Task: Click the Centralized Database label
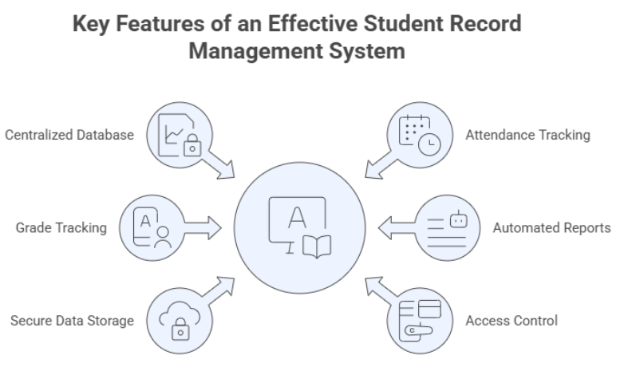69,135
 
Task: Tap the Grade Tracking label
61,227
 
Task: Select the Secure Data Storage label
72,321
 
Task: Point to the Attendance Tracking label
527,135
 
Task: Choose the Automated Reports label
551,227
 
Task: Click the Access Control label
511,321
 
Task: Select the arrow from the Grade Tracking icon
204,227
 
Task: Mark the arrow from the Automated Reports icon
395,227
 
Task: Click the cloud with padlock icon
180,321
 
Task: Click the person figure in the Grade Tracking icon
164,237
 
